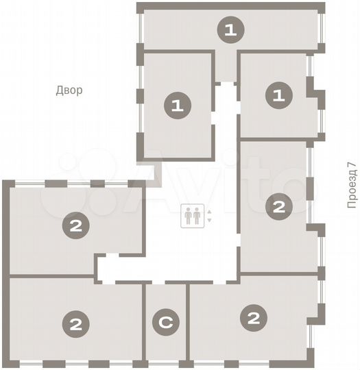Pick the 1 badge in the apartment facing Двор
tap(177, 105)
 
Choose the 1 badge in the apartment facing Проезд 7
tap(278, 95)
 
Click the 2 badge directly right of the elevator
tap(278, 206)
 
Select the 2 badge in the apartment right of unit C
tap(254, 317)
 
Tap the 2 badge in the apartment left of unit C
tap(75, 323)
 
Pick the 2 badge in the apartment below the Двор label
tap(75, 226)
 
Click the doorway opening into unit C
tap(165, 282)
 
